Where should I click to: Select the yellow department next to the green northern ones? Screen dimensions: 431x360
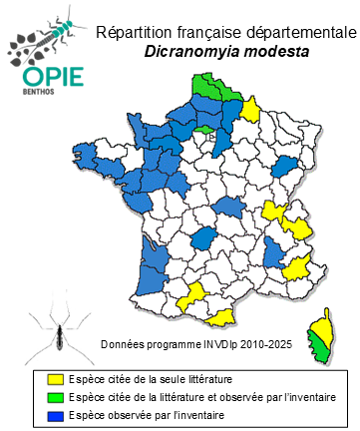[x=250, y=108]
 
